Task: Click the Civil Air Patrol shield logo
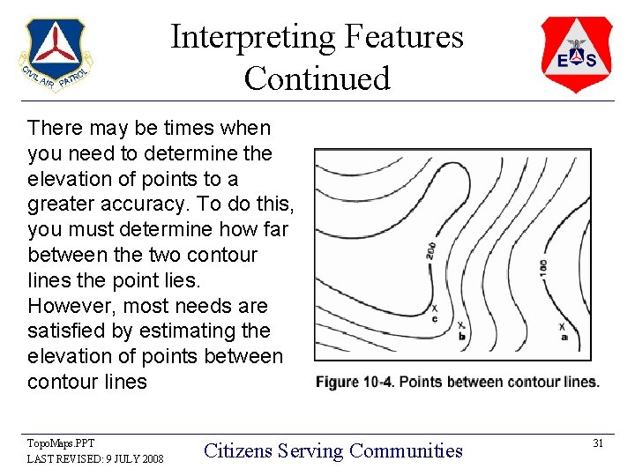[54, 55]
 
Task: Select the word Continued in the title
[317, 78]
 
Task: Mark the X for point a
[563, 327]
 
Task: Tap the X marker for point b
[461, 325]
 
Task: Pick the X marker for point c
[434, 309]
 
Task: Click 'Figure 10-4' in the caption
[352, 382]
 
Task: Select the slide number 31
[597, 443]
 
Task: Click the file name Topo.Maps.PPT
[61, 443]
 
